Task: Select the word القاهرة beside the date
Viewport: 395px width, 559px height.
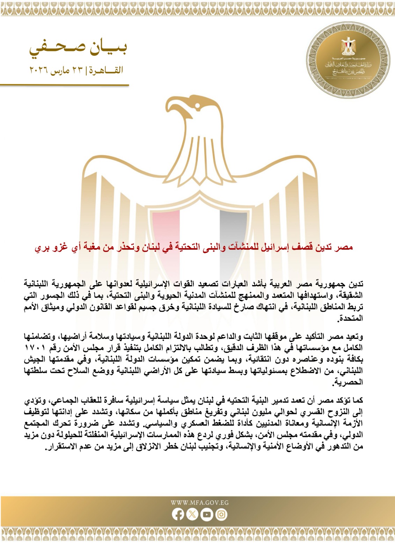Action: pos(105,71)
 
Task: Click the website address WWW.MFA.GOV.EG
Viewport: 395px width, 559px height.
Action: pos(199,502)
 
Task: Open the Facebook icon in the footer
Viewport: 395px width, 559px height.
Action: pos(178,514)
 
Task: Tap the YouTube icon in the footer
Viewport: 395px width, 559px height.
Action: pos(207,514)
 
